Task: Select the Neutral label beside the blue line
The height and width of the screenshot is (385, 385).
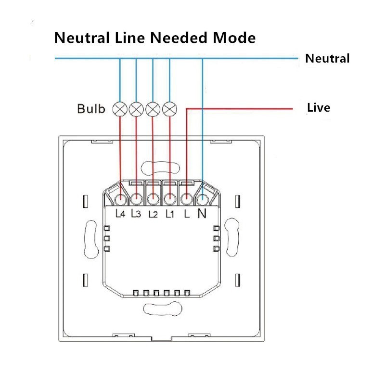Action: click(x=327, y=59)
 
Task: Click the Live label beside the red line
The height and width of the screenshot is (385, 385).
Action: click(x=319, y=107)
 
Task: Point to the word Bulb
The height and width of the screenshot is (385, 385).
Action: click(x=91, y=109)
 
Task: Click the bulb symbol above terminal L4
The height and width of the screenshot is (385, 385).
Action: click(x=119, y=109)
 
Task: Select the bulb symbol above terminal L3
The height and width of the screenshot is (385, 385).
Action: click(x=136, y=109)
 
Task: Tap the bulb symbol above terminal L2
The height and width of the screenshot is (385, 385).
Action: click(x=153, y=109)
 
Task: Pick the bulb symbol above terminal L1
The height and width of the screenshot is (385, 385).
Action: click(x=169, y=109)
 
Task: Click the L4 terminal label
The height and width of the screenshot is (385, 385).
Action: click(x=121, y=214)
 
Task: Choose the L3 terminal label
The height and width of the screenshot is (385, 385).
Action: click(x=136, y=214)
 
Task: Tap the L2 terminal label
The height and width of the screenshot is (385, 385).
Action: click(x=153, y=214)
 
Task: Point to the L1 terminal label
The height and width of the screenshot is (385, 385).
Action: click(x=169, y=214)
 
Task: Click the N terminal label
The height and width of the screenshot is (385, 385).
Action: click(x=202, y=214)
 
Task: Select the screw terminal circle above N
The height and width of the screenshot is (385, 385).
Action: click(x=203, y=197)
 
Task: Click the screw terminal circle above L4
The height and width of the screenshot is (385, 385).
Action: click(x=120, y=197)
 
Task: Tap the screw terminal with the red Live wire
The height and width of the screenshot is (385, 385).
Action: click(x=186, y=197)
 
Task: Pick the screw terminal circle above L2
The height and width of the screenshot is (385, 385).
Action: click(x=153, y=197)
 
